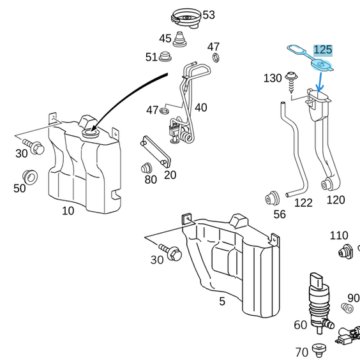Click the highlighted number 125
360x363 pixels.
pos(323,50)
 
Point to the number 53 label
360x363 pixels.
pos(209,15)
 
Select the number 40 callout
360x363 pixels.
pos(200,108)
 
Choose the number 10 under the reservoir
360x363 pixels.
pos(67,211)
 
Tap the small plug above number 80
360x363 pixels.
pos(146,168)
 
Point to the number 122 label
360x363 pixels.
pos(303,203)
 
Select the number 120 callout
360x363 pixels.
pos(335,200)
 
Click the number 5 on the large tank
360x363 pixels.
pos(221,301)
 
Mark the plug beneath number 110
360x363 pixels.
pos(347,251)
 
